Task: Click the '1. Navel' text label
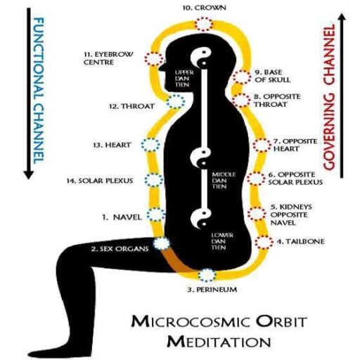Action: (113, 217)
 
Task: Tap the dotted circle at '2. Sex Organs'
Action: (162, 244)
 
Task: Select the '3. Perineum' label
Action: (212, 290)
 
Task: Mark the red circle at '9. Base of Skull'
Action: (243, 77)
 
